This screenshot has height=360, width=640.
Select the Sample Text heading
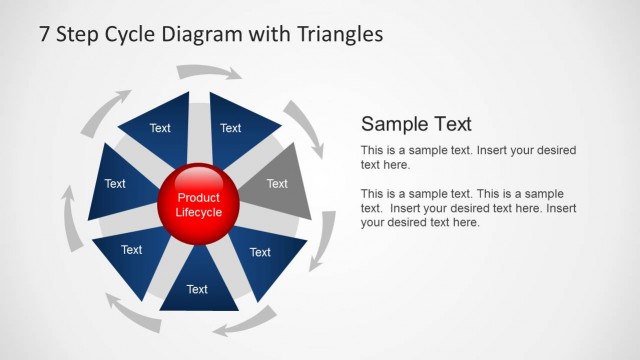[x=416, y=124]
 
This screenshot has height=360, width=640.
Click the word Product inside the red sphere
[x=198, y=198]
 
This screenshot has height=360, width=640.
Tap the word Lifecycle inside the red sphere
[x=198, y=212]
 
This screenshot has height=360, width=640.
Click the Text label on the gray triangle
[x=277, y=183]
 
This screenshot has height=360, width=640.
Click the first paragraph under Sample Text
[x=468, y=157]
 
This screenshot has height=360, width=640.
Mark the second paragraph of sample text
[x=468, y=208]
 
